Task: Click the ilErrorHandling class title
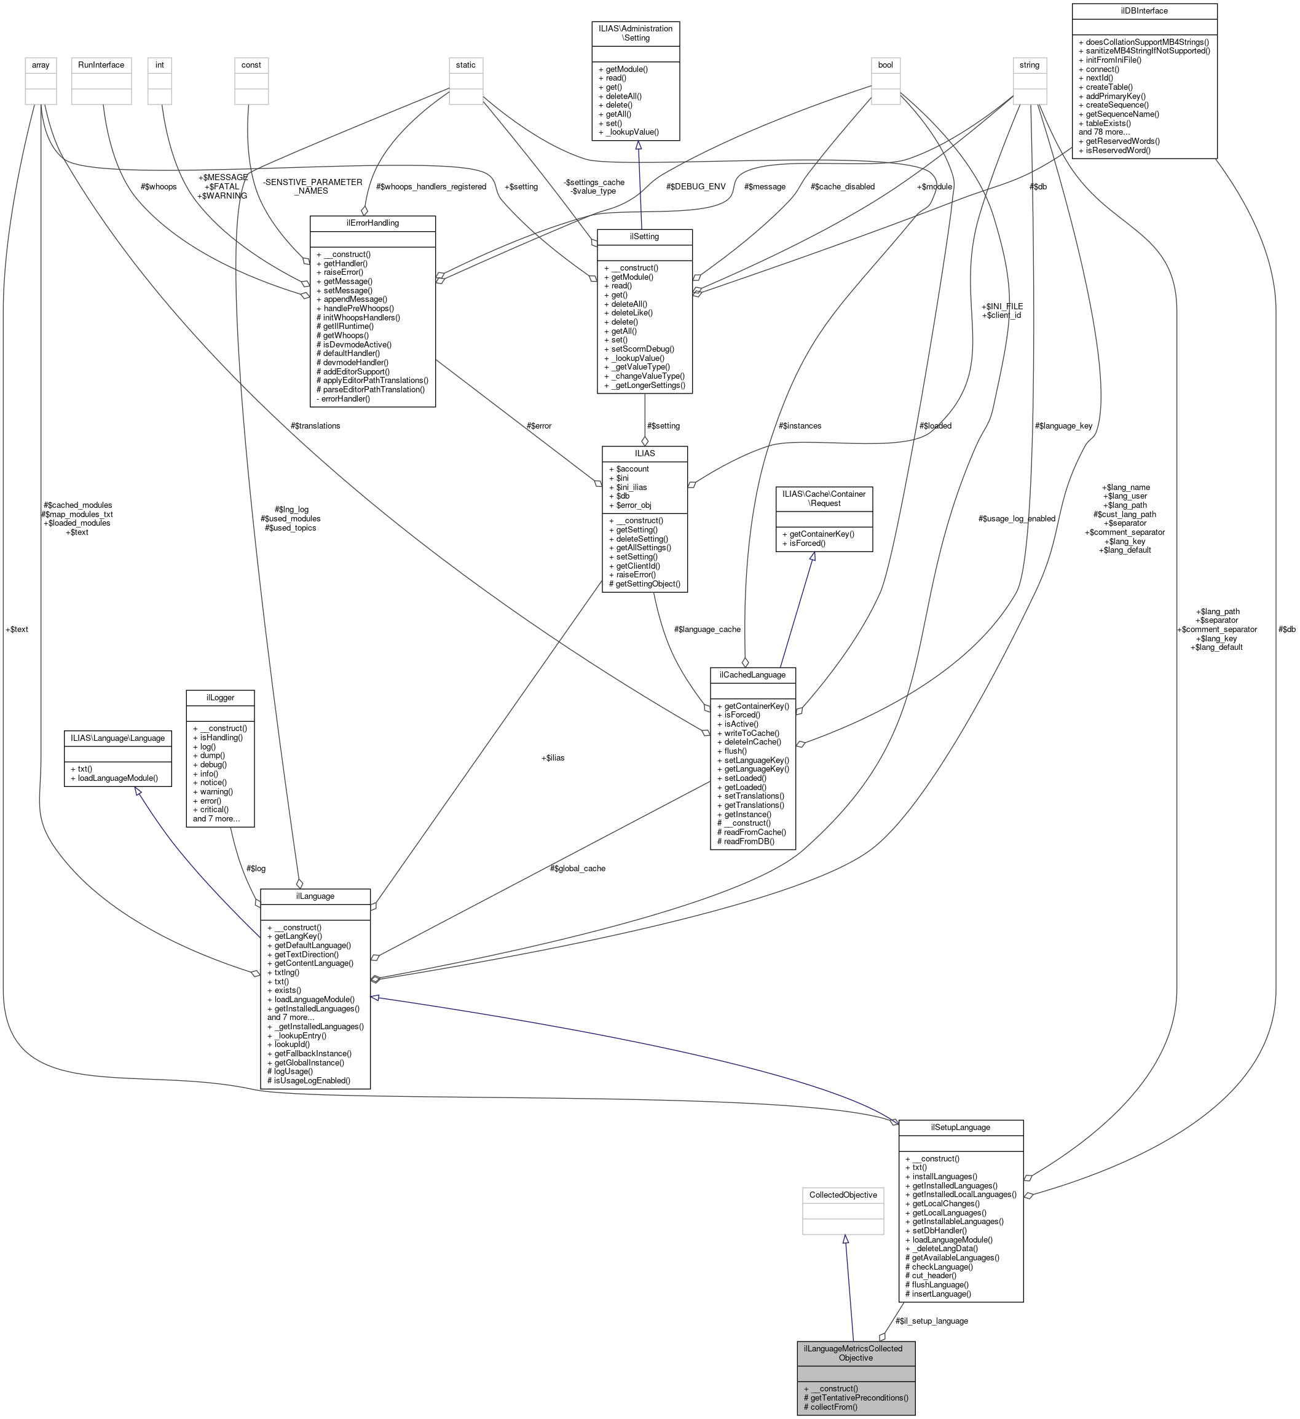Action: pyautogui.click(x=372, y=223)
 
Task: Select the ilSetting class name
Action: pyautogui.click(x=644, y=237)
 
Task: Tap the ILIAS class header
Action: pyautogui.click(x=644, y=453)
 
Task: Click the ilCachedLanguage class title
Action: pyautogui.click(x=752, y=674)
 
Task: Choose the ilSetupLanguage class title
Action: pyautogui.click(x=960, y=1127)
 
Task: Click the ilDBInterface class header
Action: pyautogui.click(x=1144, y=10)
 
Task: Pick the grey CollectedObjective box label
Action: pyautogui.click(x=843, y=1195)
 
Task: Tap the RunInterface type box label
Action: pyautogui.click(x=101, y=65)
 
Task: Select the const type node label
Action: pyautogui.click(x=251, y=65)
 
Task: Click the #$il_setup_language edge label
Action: pyautogui.click(x=931, y=1321)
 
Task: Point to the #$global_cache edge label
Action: pyautogui.click(x=577, y=868)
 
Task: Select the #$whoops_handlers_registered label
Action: pyautogui.click(x=431, y=186)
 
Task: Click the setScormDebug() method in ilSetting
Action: pyautogui.click(x=642, y=349)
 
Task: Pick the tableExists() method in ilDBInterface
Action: pyautogui.click(x=1108, y=123)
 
